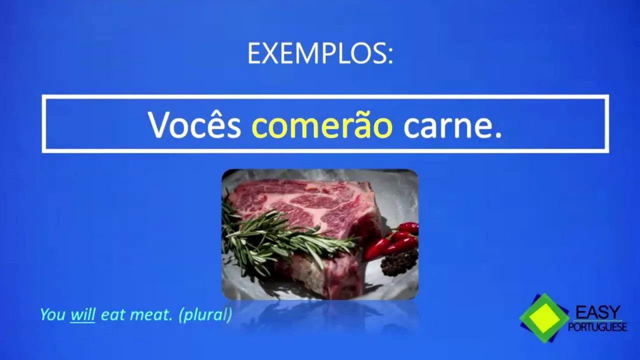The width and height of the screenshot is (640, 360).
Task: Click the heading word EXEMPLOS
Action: coord(316,53)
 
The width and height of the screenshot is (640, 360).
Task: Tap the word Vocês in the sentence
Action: coord(194,124)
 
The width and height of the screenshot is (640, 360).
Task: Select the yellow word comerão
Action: coord(322,124)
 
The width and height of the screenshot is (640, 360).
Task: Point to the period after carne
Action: coord(498,135)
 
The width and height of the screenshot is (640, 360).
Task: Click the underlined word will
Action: coord(83,314)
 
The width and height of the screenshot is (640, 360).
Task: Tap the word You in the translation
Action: coord(53,314)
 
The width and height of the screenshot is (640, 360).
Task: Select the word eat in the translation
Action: coord(113,315)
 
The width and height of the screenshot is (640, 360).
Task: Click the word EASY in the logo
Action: coord(597,312)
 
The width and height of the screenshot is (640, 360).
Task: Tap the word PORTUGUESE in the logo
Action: coord(597,326)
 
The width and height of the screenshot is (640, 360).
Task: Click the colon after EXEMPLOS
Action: coord(390,55)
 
